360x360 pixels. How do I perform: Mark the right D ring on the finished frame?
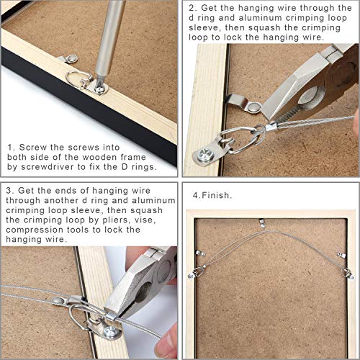(x=347, y=271)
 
